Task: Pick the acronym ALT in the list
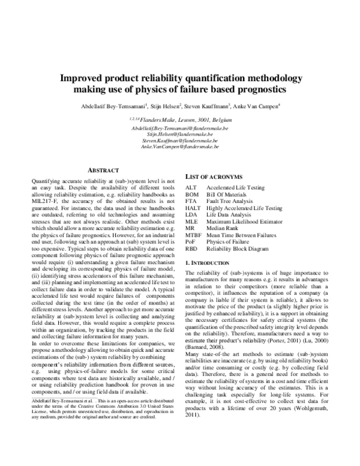[191, 189]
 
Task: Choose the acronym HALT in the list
[193, 208]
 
